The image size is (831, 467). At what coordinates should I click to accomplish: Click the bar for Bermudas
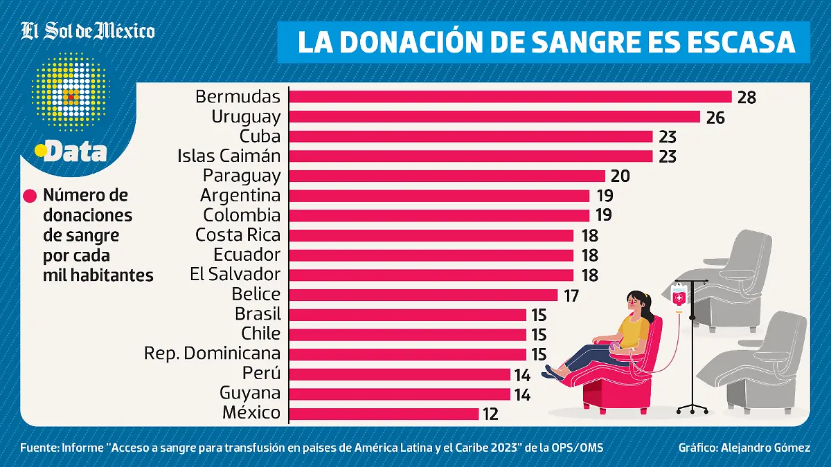point(510,97)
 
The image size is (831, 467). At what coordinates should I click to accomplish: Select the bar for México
point(384,414)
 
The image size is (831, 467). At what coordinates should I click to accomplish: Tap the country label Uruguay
point(246,117)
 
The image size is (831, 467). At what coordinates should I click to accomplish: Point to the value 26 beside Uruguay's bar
point(715,118)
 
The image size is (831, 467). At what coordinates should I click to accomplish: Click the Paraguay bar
point(447,176)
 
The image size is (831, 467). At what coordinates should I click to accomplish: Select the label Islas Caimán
point(229,156)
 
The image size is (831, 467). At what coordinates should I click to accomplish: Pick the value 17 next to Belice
point(571,295)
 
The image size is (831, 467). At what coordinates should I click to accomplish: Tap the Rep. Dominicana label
point(212,354)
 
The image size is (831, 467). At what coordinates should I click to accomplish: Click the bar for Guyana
point(400,394)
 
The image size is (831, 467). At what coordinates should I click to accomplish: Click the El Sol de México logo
point(87,31)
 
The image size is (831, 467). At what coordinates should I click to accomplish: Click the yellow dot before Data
point(40,149)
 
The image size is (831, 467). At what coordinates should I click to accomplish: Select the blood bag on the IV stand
point(679,297)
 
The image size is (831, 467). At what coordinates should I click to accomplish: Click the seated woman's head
point(637,302)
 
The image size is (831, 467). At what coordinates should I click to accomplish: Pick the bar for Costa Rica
point(431,235)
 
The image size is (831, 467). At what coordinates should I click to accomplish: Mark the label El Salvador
point(235,275)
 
